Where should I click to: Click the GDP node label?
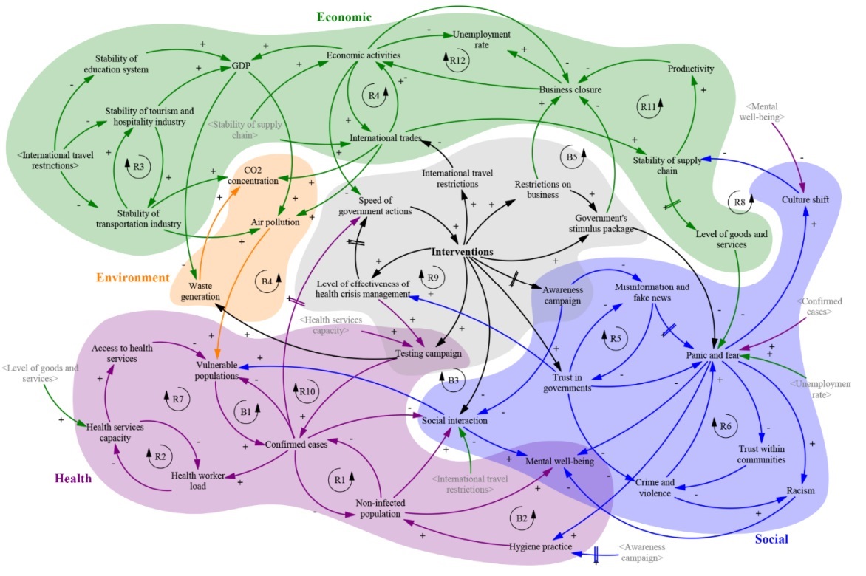point(241,66)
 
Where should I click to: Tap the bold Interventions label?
point(462,252)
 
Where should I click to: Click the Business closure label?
point(570,89)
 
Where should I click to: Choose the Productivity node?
point(690,69)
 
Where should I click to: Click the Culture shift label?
point(805,199)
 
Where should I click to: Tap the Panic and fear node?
point(713,356)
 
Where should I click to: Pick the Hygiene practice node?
point(541,546)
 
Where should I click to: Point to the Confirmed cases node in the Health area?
point(296,444)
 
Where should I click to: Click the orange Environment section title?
point(132,278)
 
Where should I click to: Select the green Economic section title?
point(344,17)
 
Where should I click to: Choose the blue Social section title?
point(771,540)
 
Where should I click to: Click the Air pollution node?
point(275,222)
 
